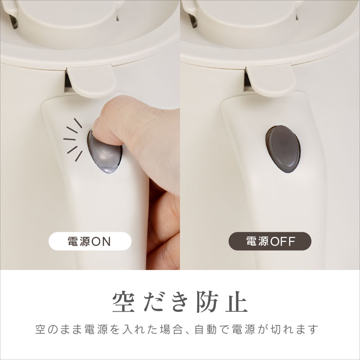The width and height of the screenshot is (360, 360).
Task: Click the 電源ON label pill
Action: [x=90, y=241]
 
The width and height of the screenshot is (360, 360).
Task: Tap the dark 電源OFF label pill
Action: [x=270, y=241]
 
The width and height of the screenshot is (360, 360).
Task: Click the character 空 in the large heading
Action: [x=124, y=301]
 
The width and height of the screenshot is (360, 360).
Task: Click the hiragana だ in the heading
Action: [x=152, y=301]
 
